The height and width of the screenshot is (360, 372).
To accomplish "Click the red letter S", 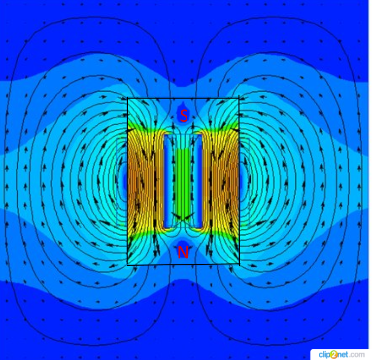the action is coord(184,116).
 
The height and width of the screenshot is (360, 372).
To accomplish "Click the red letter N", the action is coord(183,252).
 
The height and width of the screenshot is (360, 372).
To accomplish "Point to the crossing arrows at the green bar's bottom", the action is coord(183,216).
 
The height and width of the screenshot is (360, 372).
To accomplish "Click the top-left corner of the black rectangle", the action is coord(128,98).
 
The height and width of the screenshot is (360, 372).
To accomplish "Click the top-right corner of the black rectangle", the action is coord(239,98).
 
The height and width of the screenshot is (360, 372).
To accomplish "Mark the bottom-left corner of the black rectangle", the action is coord(128,265).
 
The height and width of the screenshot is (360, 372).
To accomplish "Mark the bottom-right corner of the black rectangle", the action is coord(239,264).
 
